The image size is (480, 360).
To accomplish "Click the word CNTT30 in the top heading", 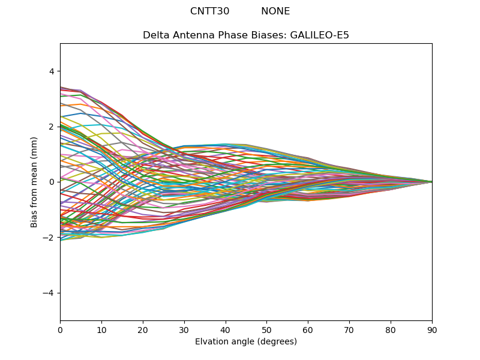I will click(209, 11).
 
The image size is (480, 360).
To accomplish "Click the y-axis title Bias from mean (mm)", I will click(35, 182).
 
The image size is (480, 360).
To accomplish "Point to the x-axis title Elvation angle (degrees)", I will click(246, 342).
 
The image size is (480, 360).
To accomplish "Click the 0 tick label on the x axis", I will click(60, 329).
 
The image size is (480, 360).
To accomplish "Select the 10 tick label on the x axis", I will click(101, 329).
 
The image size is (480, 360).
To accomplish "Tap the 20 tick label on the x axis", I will click(143, 329).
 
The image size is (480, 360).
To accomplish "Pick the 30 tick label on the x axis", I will click(184, 329).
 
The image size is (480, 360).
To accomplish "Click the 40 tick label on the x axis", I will click(226, 329).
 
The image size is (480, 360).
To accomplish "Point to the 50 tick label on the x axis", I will click(266, 329).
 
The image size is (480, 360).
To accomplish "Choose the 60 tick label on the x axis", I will click(308, 329).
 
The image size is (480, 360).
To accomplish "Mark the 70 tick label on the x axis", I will click(349, 329).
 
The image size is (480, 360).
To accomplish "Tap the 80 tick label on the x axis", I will click(391, 329).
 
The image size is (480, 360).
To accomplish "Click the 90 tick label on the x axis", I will click(432, 329).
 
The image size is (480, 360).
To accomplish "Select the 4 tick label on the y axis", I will click(51, 71).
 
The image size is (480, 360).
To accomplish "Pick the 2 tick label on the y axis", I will click(51, 127).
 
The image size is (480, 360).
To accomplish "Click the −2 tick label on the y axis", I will click(49, 238).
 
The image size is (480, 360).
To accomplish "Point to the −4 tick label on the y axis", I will click(49, 293).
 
